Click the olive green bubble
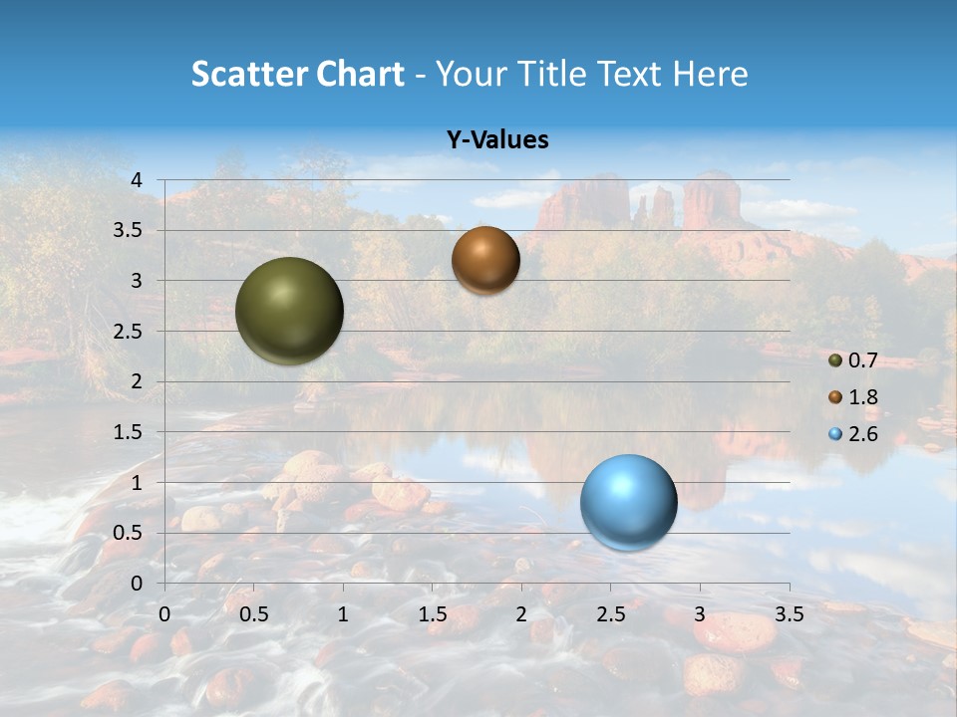pos(289,311)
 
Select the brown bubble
pos(485,260)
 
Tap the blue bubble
pos(628,502)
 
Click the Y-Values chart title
pos(497,140)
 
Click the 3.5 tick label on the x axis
pos(789,614)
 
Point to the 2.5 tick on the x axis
pos(610,614)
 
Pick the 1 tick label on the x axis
pos(343,614)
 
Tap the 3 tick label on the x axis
pos(700,614)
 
